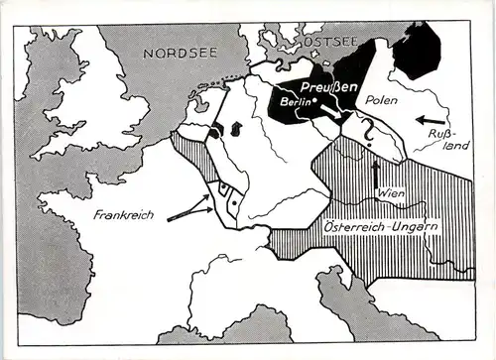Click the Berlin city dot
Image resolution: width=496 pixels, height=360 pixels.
click(313, 101)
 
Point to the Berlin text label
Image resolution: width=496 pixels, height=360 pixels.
click(295, 101)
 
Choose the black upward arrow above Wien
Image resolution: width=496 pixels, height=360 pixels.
click(374, 172)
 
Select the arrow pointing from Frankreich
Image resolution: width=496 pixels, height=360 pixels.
click(189, 210)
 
